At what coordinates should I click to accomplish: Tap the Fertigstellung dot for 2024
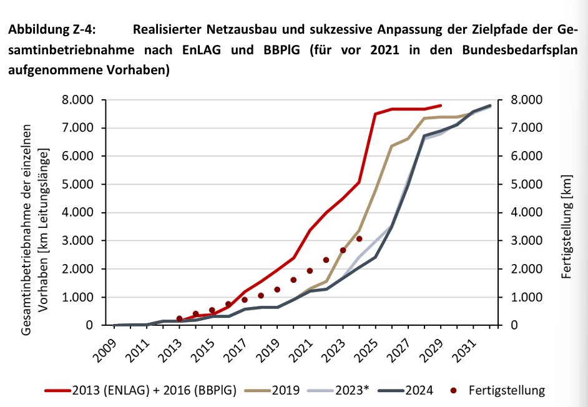(x=359, y=238)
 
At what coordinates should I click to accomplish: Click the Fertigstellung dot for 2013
(x=180, y=318)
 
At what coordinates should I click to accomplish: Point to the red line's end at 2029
(x=441, y=105)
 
